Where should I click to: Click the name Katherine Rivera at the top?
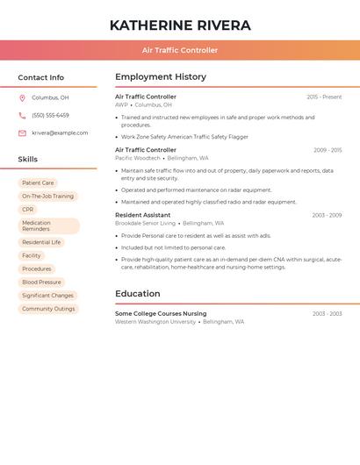click(x=180, y=25)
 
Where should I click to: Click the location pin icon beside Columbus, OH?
click(x=22, y=97)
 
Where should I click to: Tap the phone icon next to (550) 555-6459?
click(x=22, y=115)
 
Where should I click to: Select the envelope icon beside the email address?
click(x=22, y=132)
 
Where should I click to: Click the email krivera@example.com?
click(x=60, y=132)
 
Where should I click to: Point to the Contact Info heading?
click(x=40, y=77)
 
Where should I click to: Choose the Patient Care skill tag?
click(x=38, y=183)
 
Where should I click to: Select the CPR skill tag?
click(x=28, y=210)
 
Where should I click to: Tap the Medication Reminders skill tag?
click(x=48, y=225)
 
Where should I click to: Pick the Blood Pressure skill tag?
click(x=41, y=283)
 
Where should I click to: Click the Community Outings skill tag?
click(x=48, y=309)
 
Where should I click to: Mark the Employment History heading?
click(x=161, y=77)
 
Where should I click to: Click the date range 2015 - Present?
click(x=324, y=97)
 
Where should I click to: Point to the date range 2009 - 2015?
click(x=328, y=150)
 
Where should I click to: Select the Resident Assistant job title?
click(x=142, y=215)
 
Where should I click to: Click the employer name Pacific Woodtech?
click(x=137, y=158)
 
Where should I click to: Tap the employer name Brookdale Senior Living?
click(x=145, y=223)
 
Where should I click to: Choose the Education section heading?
click(x=138, y=294)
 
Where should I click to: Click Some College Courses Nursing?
click(x=161, y=313)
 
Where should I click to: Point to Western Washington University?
click(x=155, y=321)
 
